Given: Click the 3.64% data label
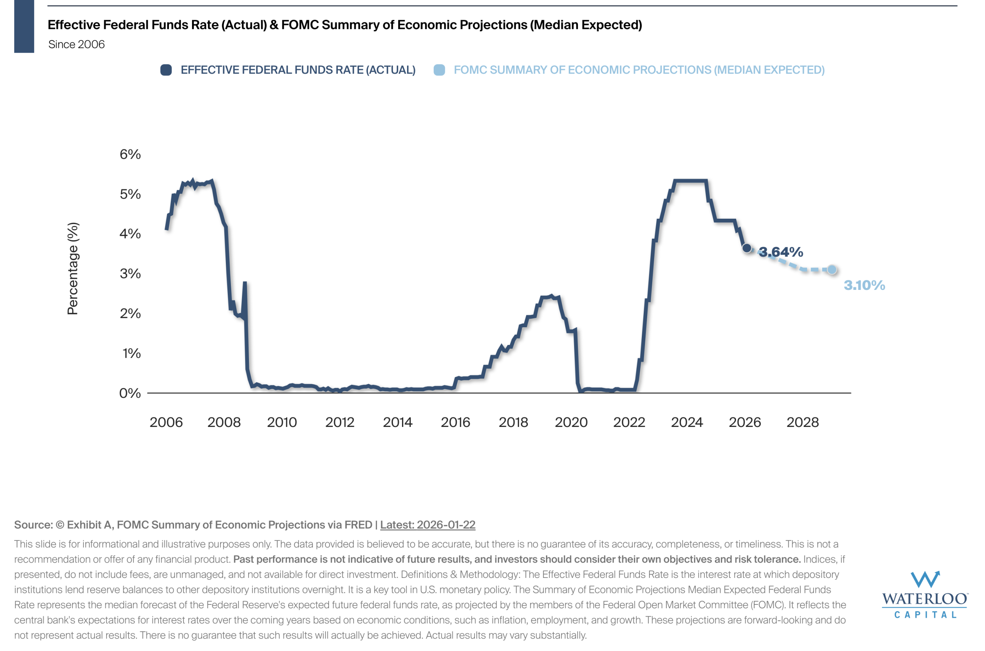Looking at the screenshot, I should tap(780, 252).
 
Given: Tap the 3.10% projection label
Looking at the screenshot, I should tap(864, 285).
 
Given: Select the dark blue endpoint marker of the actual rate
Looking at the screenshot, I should tap(746, 248).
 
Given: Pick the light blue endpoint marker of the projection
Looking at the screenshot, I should tap(831, 270).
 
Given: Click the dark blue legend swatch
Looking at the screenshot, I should tap(166, 70).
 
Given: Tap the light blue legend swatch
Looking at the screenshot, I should tap(439, 70).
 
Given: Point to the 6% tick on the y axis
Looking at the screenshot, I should tap(130, 154).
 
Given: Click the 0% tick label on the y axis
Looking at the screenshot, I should tap(130, 393).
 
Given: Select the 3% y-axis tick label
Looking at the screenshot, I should tap(130, 274).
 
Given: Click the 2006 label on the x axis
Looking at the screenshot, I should tap(166, 422).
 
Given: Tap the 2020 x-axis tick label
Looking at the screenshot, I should tap(571, 422).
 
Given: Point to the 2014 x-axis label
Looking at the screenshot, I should tap(397, 422).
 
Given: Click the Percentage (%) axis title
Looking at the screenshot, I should tap(73, 268).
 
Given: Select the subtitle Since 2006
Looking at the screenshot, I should tap(76, 44).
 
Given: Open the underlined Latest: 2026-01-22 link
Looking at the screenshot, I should tap(427, 525).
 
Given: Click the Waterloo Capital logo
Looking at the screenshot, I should tap(925, 594).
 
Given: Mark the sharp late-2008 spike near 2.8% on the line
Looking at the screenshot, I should tap(245, 284).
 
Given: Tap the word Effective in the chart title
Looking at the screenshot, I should tap(73, 25).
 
